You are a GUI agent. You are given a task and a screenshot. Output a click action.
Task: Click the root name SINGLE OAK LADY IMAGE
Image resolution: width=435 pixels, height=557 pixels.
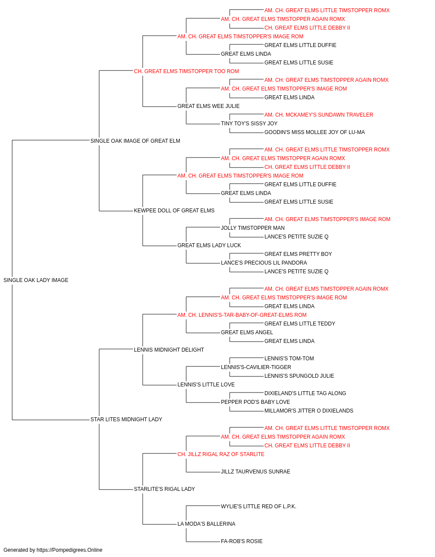pyautogui.click(x=36, y=280)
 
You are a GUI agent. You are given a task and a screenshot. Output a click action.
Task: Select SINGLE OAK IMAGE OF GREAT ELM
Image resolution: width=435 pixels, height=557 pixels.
pyautogui.click(x=135, y=141)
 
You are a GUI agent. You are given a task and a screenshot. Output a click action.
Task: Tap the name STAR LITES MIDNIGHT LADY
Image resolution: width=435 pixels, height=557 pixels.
pyautogui.click(x=126, y=419)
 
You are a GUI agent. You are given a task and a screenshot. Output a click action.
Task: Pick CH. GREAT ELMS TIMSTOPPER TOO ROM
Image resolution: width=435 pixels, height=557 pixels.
pyautogui.click(x=187, y=71)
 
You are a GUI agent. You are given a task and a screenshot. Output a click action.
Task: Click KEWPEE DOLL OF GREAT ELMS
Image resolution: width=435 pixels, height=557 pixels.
pyautogui.click(x=174, y=211)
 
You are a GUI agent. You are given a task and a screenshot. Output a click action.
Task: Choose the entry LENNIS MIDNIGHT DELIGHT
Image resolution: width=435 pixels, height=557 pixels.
pyautogui.click(x=169, y=349)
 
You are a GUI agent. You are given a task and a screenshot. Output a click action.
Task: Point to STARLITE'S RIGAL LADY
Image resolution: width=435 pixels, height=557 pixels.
pyautogui.click(x=164, y=489)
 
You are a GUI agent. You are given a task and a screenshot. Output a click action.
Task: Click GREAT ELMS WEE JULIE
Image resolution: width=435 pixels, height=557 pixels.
pyautogui.click(x=208, y=106)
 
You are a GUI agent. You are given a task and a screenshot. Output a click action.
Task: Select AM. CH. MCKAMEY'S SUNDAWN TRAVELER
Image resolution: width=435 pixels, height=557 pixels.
pyautogui.click(x=319, y=115)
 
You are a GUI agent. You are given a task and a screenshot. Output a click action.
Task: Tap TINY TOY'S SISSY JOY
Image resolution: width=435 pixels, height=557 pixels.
pyautogui.click(x=249, y=124)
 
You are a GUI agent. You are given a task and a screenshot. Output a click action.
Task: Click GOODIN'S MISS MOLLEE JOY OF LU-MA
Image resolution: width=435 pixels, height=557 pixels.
pyautogui.click(x=315, y=132)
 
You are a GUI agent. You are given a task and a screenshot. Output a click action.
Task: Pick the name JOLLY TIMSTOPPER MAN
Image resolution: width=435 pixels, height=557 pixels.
pyautogui.click(x=253, y=228)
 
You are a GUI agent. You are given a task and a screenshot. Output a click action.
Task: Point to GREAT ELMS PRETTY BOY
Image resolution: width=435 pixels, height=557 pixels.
pyautogui.click(x=298, y=254)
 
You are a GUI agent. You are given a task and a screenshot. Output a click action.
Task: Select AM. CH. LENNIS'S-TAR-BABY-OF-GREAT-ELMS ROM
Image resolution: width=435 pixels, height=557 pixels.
pyautogui.click(x=242, y=315)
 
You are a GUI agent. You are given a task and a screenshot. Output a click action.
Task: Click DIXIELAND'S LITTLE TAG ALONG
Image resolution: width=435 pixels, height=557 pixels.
pyautogui.click(x=305, y=393)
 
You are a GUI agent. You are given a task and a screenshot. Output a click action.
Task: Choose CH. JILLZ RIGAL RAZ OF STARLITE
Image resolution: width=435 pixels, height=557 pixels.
pyautogui.click(x=221, y=454)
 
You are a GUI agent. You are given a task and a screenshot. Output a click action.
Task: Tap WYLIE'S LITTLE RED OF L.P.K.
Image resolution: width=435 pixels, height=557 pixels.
pyautogui.click(x=258, y=506)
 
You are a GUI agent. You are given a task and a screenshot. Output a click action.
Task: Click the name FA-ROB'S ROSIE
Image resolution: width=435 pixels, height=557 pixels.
pyautogui.click(x=242, y=541)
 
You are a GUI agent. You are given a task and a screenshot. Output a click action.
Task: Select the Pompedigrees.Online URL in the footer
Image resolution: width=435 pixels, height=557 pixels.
pyautogui.click(x=70, y=550)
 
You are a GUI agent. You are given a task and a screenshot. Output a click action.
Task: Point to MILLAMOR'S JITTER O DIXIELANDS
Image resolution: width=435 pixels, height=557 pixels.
pyautogui.click(x=309, y=411)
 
